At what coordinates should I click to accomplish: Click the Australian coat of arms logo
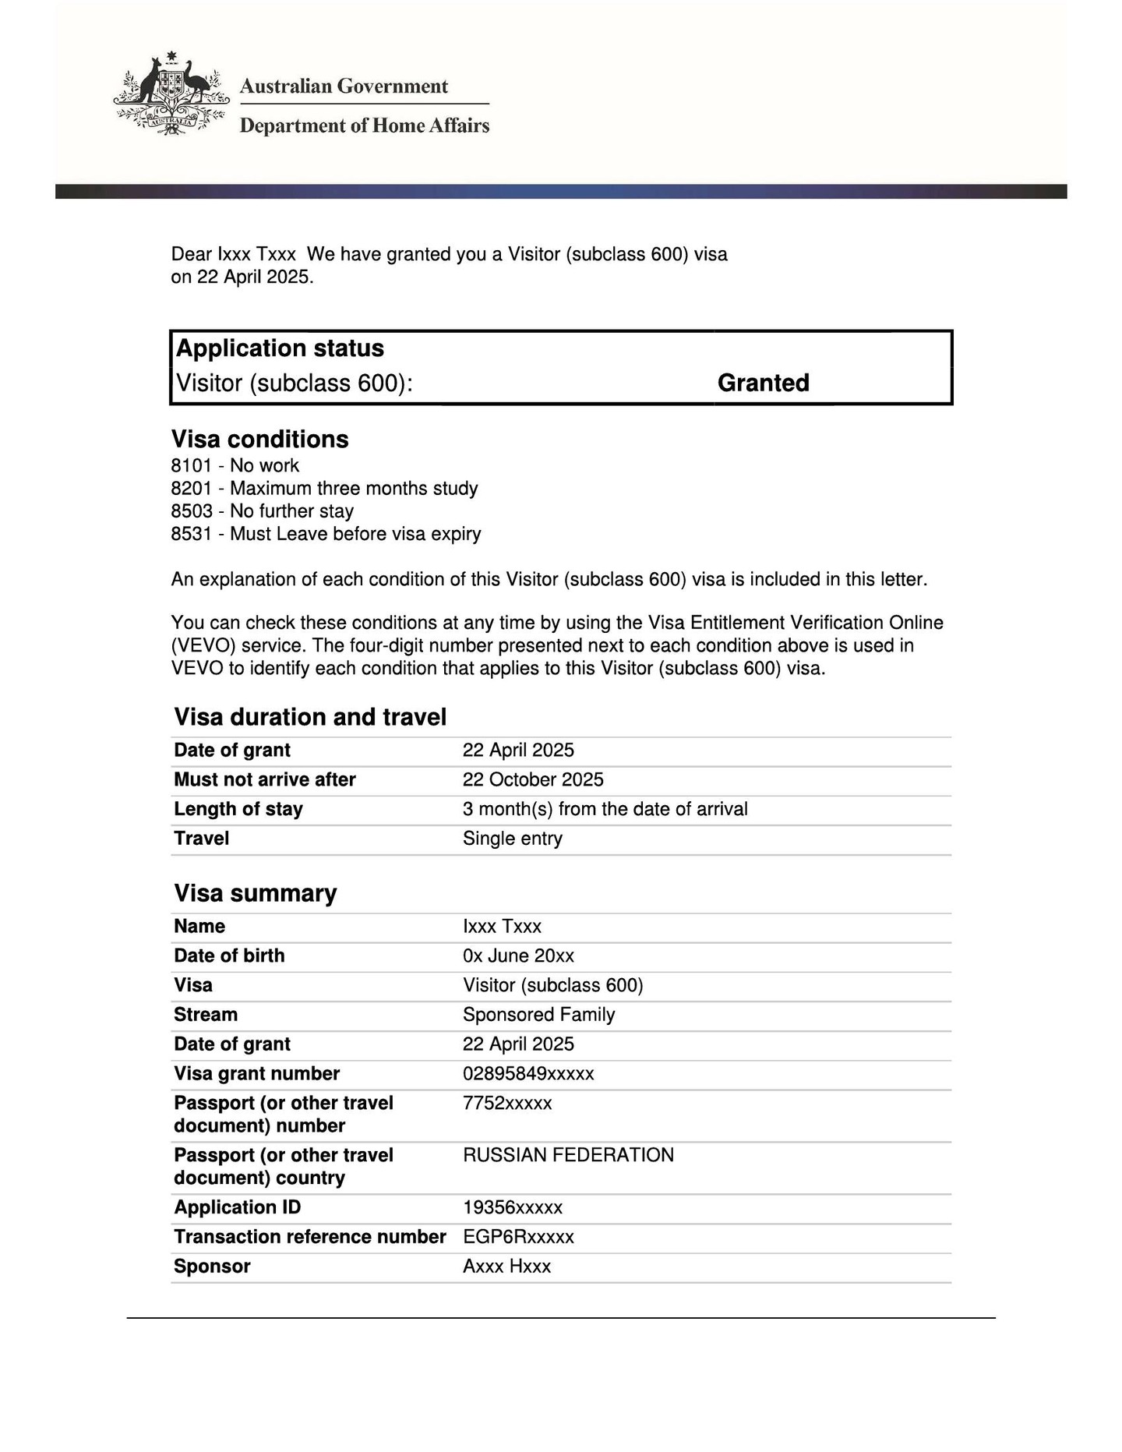pos(171,94)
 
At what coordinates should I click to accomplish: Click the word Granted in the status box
pos(763,383)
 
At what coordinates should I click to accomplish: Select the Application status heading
pos(280,348)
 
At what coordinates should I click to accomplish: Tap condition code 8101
pos(192,466)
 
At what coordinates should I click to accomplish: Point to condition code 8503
pos(192,511)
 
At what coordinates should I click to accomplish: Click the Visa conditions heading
pos(259,440)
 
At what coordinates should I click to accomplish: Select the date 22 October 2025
pos(533,780)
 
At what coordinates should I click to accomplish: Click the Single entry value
pos(512,839)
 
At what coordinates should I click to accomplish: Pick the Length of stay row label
pos(238,809)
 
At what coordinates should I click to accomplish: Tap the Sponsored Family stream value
pos(538,1015)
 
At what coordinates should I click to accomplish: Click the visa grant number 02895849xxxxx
pos(527,1074)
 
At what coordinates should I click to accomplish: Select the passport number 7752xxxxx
pos(506,1104)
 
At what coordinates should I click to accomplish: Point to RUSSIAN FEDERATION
pos(568,1155)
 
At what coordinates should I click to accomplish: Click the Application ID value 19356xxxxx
pos(512,1208)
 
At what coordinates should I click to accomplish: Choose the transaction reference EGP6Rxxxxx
pos(518,1237)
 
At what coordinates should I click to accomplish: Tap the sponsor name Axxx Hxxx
pos(506,1267)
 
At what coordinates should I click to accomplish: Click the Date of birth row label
pos(229,956)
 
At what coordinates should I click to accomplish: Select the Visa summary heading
pos(255,893)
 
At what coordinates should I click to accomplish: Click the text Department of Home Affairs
pos(364,125)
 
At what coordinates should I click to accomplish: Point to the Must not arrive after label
pos(264,780)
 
